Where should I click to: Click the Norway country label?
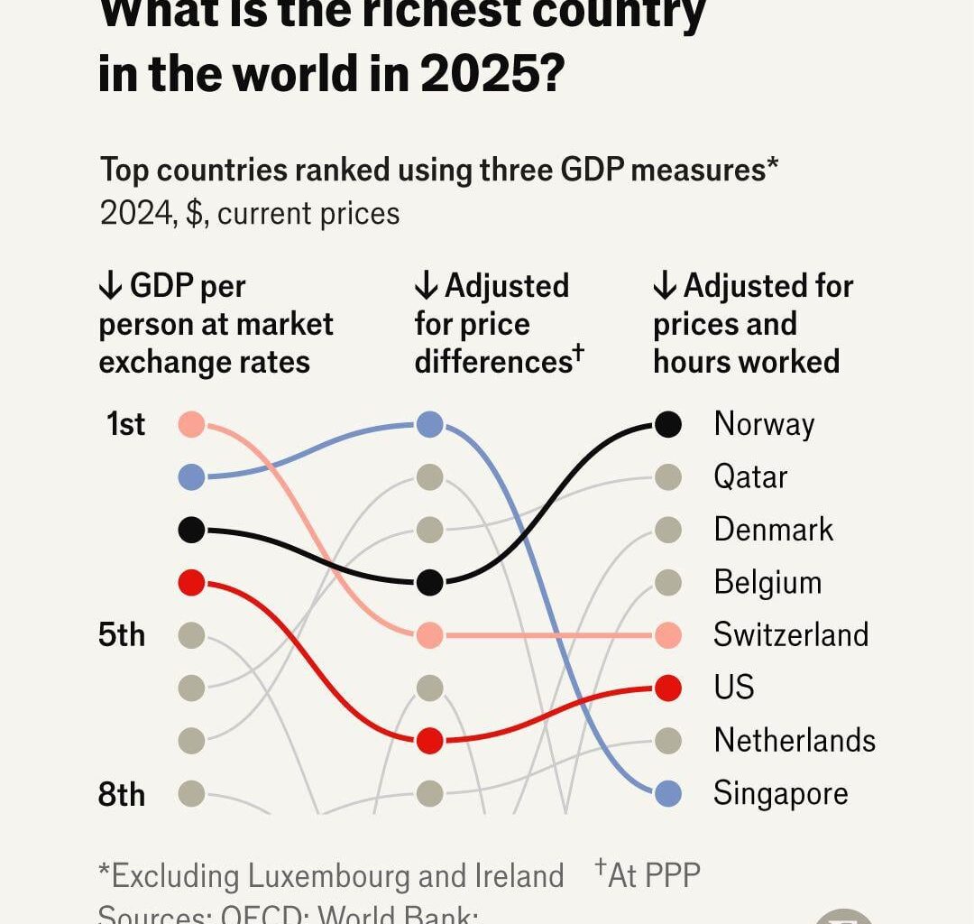[764, 424]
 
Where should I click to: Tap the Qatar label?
[750, 477]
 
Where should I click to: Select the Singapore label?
[780, 794]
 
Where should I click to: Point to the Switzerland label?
[791, 635]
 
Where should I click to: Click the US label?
[733, 688]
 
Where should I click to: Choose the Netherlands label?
[795, 741]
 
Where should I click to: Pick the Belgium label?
[767, 583]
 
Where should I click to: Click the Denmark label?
[774, 530]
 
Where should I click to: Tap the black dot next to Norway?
[667, 424]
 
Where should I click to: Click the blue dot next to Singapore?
[667, 794]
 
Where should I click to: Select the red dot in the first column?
[192, 583]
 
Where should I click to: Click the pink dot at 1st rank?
[192, 424]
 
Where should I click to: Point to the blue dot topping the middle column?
[430, 424]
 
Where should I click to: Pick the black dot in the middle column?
[430, 583]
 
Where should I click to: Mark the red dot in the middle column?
[430, 741]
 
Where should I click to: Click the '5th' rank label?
[122, 635]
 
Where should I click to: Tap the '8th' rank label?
[122, 794]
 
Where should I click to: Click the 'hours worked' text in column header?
[746, 362]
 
